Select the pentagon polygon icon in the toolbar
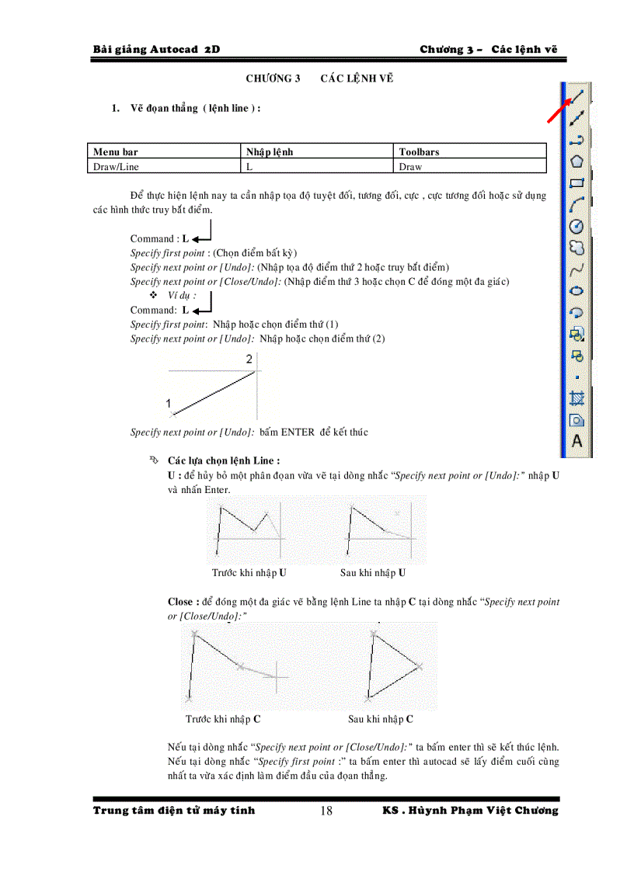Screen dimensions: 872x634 (x=577, y=162)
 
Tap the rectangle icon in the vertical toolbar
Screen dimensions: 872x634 (x=577, y=183)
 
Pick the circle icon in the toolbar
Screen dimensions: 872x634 (x=577, y=226)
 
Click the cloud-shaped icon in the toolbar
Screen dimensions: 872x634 (x=577, y=248)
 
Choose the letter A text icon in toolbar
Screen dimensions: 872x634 (x=577, y=441)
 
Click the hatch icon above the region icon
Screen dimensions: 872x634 (x=577, y=398)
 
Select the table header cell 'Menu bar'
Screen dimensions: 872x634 (x=116, y=152)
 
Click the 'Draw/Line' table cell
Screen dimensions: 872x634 (x=117, y=166)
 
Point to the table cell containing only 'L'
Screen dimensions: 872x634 (x=249, y=166)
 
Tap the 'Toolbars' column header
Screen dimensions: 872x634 (x=419, y=152)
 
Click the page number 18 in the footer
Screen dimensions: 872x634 (x=326, y=811)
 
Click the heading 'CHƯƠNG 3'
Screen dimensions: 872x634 (x=273, y=78)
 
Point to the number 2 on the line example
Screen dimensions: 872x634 (x=249, y=360)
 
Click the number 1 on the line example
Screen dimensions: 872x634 (x=168, y=402)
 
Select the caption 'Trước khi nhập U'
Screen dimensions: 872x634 (x=249, y=573)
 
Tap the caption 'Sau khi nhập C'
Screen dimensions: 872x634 (x=381, y=719)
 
